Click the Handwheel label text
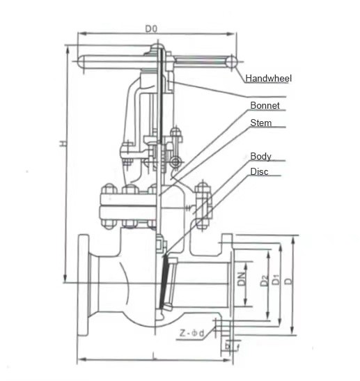[268, 78]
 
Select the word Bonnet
[265, 105]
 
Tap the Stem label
[260, 123]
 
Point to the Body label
[260, 156]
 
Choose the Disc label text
[259, 171]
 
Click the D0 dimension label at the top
[151, 29]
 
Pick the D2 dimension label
[264, 281]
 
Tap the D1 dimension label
[276, 281]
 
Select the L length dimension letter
[152, 355]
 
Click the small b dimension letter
[227, 345]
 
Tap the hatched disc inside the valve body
[166, 282]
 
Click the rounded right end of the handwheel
[232, 62]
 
